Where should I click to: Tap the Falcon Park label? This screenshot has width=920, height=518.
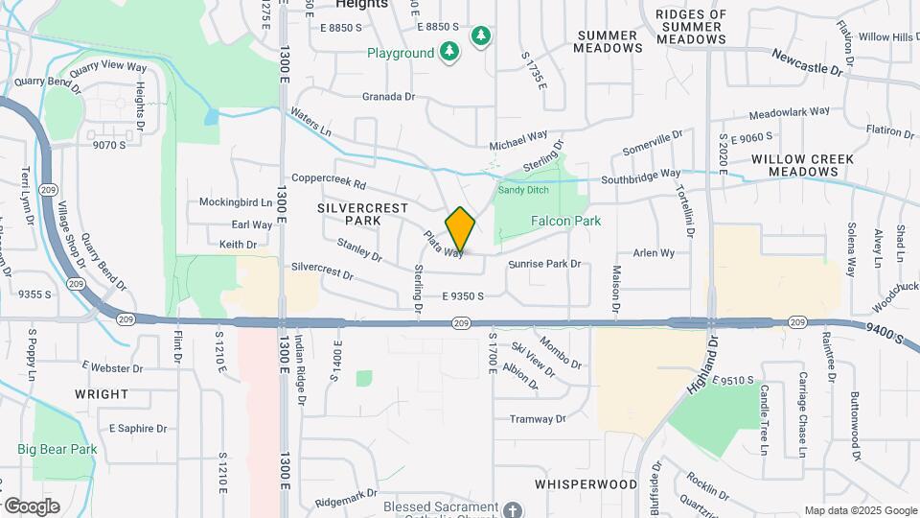click(x=565, y=221)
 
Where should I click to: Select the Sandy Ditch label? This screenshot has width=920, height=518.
click(x=521, y=190)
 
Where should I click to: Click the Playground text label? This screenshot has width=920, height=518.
click(x=400, y=54)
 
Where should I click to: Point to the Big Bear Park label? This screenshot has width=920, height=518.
click(x=57, y=448)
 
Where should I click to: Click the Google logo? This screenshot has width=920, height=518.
click(x=32, y=506)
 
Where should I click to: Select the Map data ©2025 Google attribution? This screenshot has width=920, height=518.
click(x=861, y=510)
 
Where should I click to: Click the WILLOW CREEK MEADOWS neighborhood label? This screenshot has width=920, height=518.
click(x=795, y=165)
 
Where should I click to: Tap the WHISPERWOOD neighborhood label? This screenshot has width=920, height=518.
click(x=586, y=484)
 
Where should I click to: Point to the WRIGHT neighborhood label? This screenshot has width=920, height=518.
click(x=101, y=394)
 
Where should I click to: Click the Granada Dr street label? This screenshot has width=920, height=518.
click(x=388, y=97)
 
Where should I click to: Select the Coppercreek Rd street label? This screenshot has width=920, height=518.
click(x=330, y=180)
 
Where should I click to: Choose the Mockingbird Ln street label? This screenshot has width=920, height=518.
click(x=236, y=202)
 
